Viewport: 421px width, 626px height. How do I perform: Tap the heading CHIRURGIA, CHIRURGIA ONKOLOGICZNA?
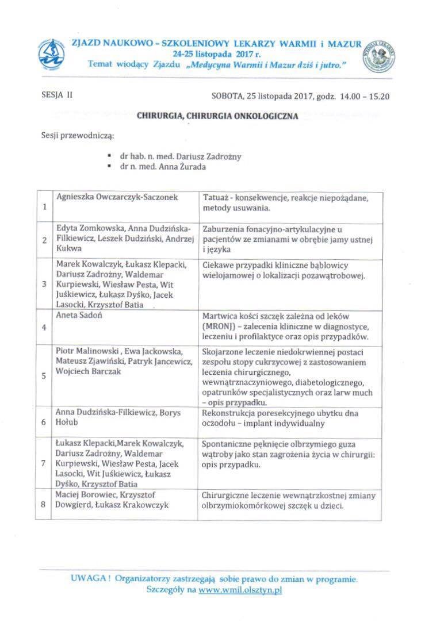tap(217, 116)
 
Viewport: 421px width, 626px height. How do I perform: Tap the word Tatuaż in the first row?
tap(215, 197)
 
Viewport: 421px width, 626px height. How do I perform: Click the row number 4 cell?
tap(45, 327)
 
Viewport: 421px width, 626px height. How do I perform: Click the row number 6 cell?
tap(45, 421)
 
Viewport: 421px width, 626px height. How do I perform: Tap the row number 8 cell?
tap(45, 504)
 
